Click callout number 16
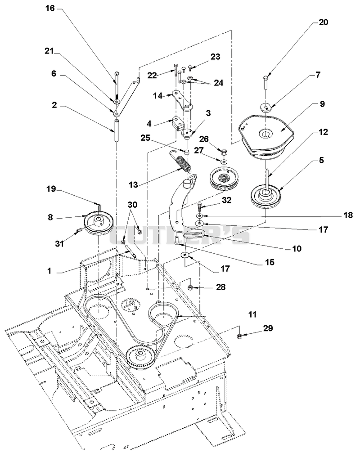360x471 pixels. coord(50,8)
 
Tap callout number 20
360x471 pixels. coord(324,22)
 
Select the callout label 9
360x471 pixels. coord(322,104)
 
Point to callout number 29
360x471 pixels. coord(268,328)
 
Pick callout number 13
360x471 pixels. coord(133,184)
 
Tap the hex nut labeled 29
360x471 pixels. coord(240,336)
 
